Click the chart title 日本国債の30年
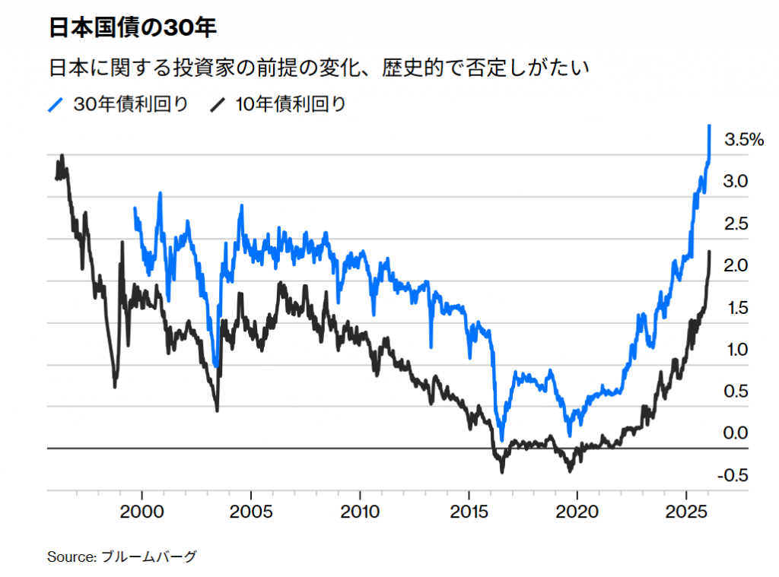tap(133, 29)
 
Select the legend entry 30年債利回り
tap(130, 104)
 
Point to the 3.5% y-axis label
tap(743, 140)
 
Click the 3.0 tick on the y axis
tap(736, 182)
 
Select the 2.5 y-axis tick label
tap(736, 224)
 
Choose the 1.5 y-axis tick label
tap(736, 308)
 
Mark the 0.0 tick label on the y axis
tap(736, 433)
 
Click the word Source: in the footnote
tap(70, 557)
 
